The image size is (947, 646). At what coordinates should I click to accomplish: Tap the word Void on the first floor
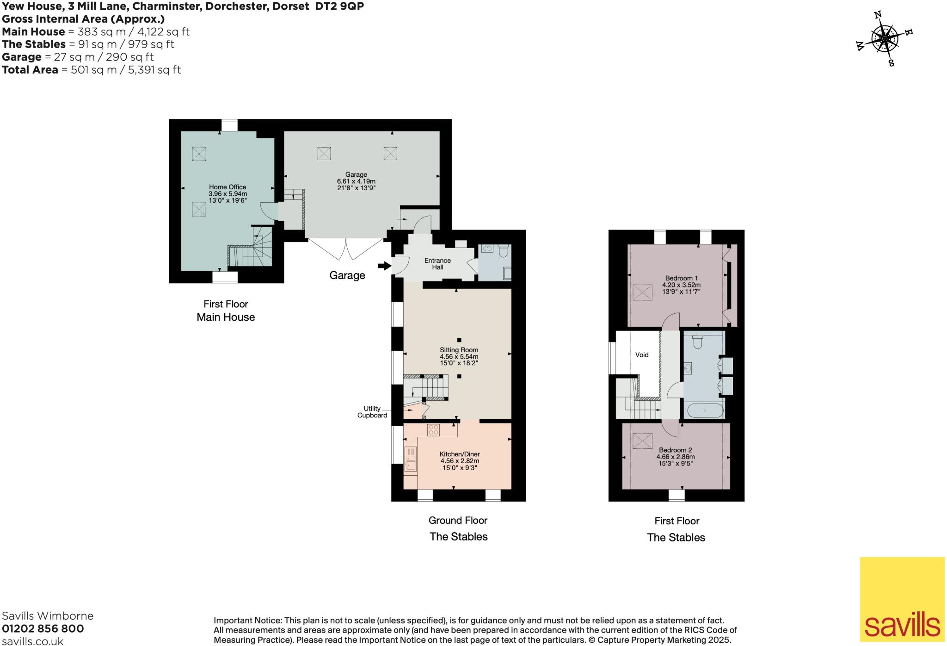click(x=642, y=355)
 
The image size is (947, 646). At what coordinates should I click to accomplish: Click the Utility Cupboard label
click(x=372, y=412)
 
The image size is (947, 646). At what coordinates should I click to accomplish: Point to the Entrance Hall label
click(x=437, y=264)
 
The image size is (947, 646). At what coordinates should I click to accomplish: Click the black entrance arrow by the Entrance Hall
click(x=384, y=266)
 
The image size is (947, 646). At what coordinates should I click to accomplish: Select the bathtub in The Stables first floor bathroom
click(x=704, y=410)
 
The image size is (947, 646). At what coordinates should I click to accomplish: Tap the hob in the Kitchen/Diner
click(x=433, y=430)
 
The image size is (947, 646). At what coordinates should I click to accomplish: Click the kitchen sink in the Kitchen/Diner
click(x=410, y=459)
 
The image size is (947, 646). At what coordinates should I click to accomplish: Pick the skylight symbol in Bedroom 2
click(x=642, y=441)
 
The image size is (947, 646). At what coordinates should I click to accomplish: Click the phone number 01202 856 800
click(x=43, y=628)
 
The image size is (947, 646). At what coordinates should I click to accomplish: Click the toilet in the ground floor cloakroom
click(x=504, y=250)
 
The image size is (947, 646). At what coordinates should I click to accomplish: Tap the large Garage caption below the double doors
click(x=347, y=275)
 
